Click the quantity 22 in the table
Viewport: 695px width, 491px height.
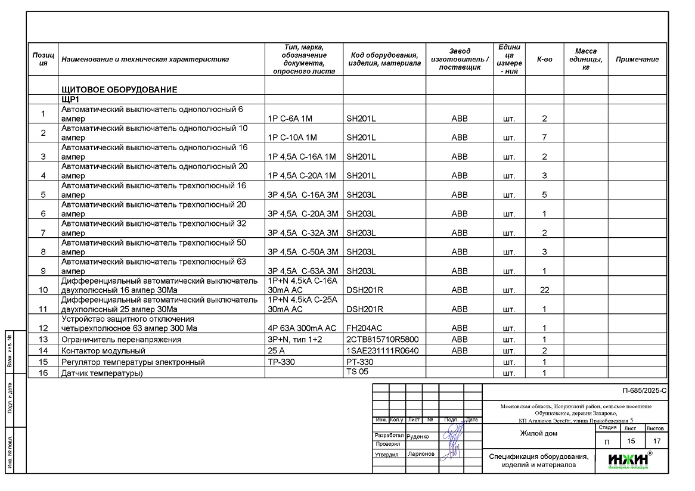click(x=544, y=290)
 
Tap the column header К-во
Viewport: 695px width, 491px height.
click(x=544, y=59)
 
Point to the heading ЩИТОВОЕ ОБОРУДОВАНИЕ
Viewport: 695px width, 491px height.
click(x=119, y=90)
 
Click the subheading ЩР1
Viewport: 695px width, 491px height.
click(x=70, y=99)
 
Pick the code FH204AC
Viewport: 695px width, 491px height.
click(x=365, y=328)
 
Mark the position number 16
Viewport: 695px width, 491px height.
click(x=43, y=374)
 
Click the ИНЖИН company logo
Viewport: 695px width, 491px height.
click(x=629, y=459)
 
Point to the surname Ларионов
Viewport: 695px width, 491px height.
click(x=421, y=454)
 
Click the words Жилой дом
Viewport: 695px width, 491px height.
click(x=538, y=433)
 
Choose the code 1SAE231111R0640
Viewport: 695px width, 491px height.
click(x=382, y=350)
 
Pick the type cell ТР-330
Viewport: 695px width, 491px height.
click(x=282, y=362)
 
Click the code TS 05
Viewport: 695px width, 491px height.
click(x=358, y=372)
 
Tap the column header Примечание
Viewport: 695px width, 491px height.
click(x=637, y=59)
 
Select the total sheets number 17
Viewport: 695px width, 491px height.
click(x=657, y=442)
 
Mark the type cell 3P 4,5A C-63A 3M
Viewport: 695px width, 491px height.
click(x=303, y=271)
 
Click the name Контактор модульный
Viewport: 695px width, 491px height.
click(x=103, y=351)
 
